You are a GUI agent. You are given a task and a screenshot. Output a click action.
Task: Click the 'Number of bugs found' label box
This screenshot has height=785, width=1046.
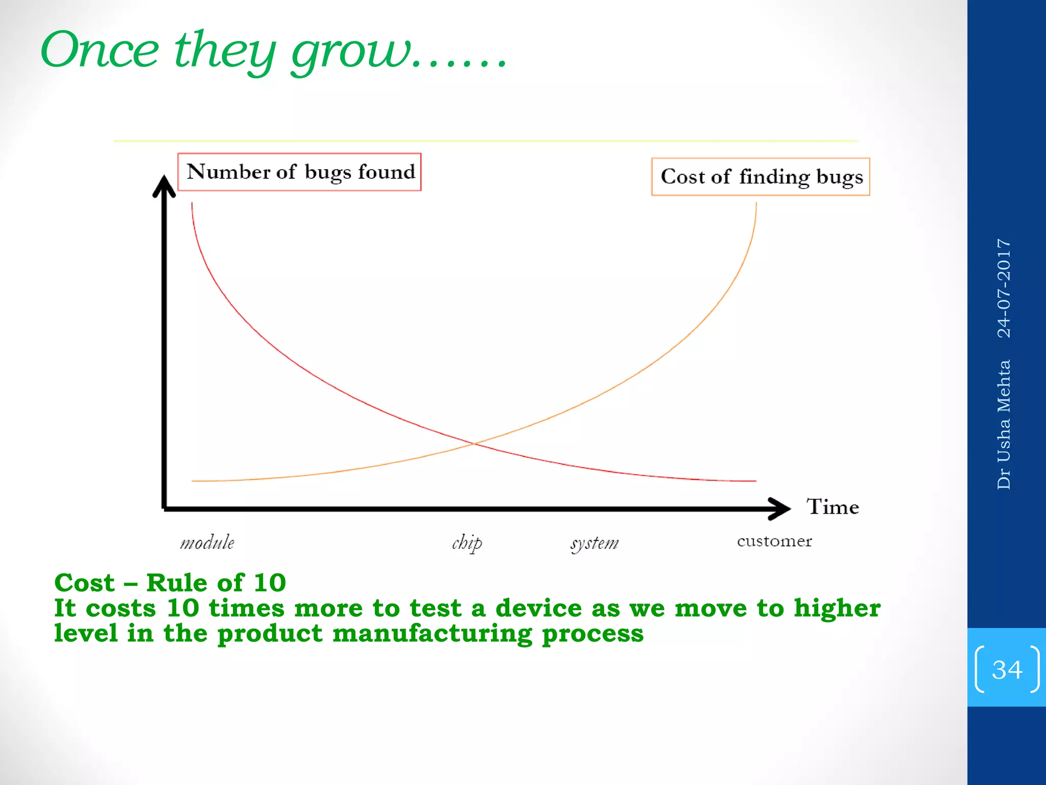[x=299, y=172]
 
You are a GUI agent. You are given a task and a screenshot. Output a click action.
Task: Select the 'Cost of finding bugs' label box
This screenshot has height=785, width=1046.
[x=760, y=177]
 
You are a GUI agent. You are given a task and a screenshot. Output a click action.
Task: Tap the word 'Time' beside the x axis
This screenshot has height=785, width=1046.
[x=833, y=507]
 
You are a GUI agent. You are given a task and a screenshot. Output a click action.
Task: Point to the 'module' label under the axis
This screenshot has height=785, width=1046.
[x=207, y=543]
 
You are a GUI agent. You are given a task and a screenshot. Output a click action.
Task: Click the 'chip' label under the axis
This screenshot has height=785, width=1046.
[x=466, y=543]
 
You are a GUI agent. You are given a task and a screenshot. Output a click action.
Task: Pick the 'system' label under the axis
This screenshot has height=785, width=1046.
[x=595, y=543]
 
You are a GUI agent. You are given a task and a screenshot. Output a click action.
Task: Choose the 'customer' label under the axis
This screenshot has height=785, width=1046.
[x=774, y=541]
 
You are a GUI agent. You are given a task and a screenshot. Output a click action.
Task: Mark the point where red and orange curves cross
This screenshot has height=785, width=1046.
[x=474, y=444]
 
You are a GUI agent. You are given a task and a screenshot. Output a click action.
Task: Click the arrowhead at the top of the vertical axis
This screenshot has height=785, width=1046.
[x=164, y=185]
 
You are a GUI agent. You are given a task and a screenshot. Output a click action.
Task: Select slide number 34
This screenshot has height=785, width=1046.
[x=1007, y=669]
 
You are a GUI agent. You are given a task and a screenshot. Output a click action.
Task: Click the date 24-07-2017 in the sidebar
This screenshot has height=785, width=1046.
[x=1004, y=288]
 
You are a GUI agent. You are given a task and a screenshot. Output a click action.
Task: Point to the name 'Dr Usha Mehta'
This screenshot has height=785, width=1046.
[x=1004, y=425]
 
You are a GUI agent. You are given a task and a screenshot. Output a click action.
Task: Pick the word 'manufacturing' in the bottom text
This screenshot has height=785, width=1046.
[x=432, y=634]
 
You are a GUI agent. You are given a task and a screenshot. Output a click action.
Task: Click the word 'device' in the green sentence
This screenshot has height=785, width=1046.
[x=538, y=608]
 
